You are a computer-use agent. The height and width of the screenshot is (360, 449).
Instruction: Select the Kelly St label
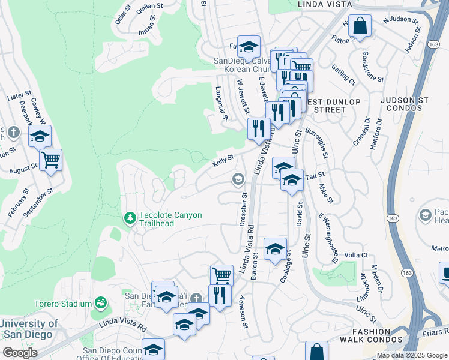[x=223, y=162]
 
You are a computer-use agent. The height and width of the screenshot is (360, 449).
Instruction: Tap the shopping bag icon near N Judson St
[x=360, y=26]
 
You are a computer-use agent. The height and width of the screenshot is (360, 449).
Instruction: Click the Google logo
[x=19, y=352]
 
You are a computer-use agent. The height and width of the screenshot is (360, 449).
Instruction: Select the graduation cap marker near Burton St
[x=275, y=249]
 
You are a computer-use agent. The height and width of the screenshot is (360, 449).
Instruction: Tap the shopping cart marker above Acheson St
[x=221, y=275]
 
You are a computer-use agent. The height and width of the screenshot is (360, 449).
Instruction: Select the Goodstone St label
[x=372, y=66]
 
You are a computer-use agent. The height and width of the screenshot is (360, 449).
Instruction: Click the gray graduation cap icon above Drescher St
[x=238, y=179]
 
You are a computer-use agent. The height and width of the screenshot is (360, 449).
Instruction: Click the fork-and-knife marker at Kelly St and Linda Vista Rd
[x=258, y=128]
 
